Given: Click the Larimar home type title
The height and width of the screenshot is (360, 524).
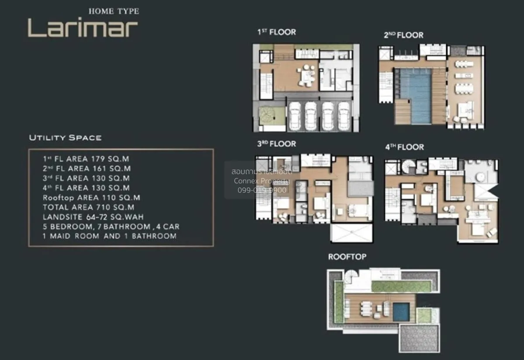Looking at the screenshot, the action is pyautogui.click(x=83, y=27).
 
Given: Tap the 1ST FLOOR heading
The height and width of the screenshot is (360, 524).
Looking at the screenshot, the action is pyautogui.click(x=277, y=32).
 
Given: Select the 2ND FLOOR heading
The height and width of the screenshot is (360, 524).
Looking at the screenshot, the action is pyautogui.click(x=403, y=35).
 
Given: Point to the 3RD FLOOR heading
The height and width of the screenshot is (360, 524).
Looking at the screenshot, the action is pyautogui.click(x=277, y=144).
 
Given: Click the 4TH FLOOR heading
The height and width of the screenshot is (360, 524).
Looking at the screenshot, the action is pyautogui.click(x=404, y=147).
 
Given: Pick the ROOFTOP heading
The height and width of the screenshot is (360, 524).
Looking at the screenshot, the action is pyautogui.click(x=348, y=257).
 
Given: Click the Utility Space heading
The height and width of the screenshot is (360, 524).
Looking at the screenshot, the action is pyautogui.click(x=65, y=138).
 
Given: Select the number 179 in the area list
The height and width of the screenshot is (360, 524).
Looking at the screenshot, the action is pyautogui.click(x=98, y=159).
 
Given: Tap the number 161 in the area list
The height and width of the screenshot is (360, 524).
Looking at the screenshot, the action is pyautogui.click(x=100, y=168).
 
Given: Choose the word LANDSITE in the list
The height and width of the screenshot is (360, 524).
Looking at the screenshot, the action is pyautogui.click(x=62, y=217).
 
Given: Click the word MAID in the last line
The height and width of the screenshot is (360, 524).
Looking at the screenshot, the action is pyautogui.click(x=60, y=236).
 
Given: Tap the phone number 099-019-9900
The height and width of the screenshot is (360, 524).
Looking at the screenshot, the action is pyautogui.click(x=262, y=190).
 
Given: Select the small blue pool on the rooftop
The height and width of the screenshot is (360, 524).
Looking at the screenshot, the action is pyautogui.click(x=401, y=312).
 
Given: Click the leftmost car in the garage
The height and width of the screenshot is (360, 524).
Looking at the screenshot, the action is pyautogui.click(x=295, y=116).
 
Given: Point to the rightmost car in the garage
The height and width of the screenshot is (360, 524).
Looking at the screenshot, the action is pyautogui.click(x=344, y=116).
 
